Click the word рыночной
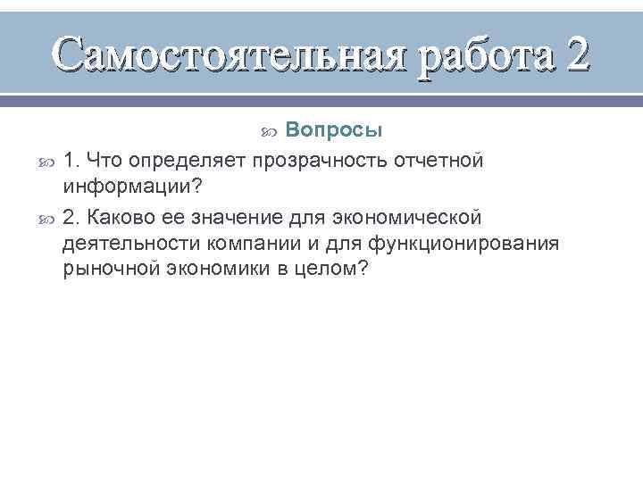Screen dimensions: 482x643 pos(107,271)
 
